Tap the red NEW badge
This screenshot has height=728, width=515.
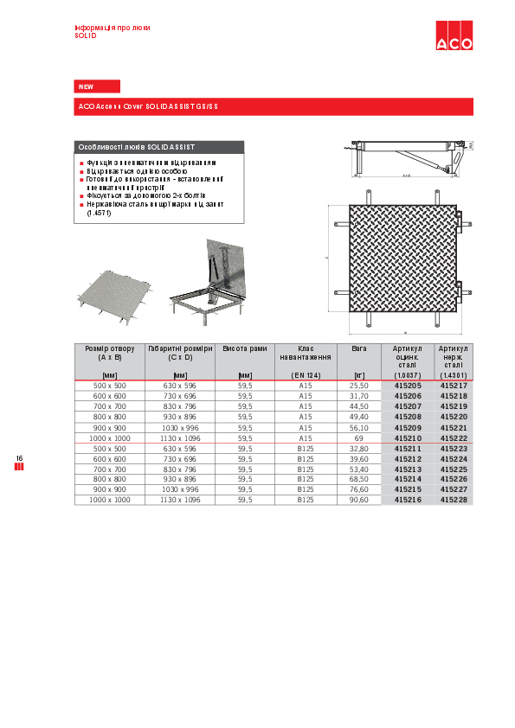97,86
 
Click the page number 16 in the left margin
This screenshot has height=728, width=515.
18,457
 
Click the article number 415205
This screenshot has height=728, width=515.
408,386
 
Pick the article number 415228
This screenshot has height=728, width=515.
453,500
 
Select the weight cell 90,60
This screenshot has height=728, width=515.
358,500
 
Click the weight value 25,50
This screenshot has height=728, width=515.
358,386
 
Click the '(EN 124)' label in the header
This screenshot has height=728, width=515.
305,374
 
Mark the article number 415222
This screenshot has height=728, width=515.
453,438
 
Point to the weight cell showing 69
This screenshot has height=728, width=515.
358,438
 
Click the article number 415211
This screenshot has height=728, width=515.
408,449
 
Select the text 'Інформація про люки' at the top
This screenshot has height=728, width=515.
113,28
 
